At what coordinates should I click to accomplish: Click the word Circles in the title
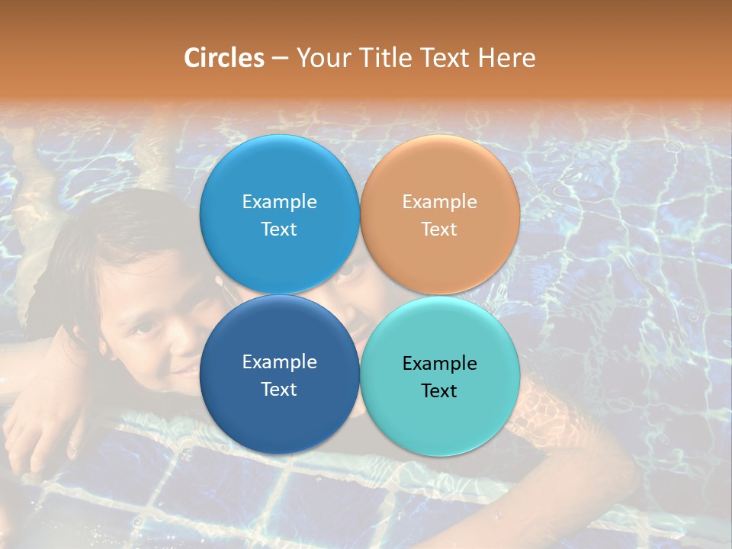click(x=223, y=58)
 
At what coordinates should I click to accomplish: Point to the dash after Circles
click(x=280, y=59)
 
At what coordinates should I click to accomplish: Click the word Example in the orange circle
click(x=440, y=202)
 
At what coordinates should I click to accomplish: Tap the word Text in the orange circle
click(x=439, y=230)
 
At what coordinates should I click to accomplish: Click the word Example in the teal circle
click(x=440, y=364)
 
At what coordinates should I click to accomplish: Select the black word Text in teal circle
click(x=439, y=391)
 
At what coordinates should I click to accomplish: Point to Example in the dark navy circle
click(x=280, y=362)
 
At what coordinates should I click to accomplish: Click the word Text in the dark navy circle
click(x=279, y=390)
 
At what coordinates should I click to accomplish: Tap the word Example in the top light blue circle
click(x=280, y=202)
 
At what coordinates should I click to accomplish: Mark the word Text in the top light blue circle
click(x=279, y=230)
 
